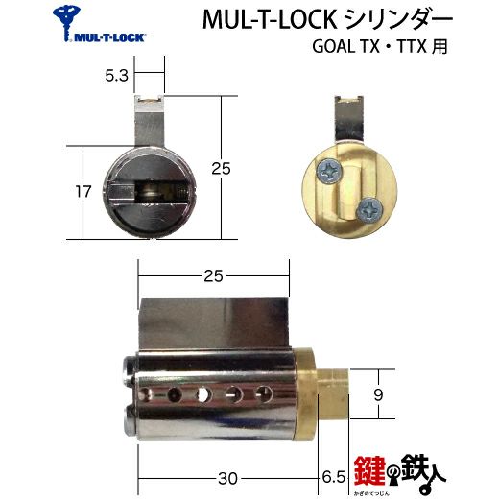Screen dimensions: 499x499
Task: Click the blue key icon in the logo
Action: [x=66, y=22]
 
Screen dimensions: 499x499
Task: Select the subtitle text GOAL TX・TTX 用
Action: [x=380, y=47]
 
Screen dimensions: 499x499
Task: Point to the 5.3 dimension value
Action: [x=117, y=76]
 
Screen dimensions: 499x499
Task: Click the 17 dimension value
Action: [x=83, y=192]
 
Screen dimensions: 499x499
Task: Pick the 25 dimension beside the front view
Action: [x=221, y=169]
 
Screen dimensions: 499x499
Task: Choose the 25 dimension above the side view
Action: [x=213, y=276]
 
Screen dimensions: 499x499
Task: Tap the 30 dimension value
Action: [x=227, y=479]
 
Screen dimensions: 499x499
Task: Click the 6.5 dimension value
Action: [x=334, y=477]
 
